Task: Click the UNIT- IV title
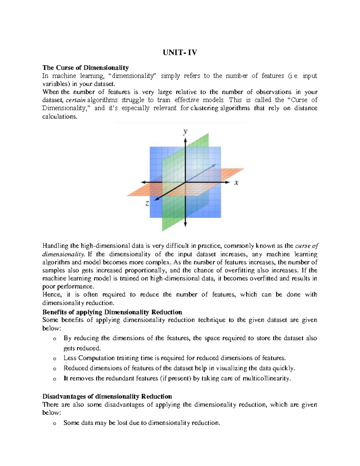click(180, 53)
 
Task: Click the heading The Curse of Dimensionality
click(85, 68)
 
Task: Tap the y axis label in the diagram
click(186, 131)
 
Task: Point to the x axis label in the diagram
click(236, 182)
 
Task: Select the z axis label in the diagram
click(147, 203)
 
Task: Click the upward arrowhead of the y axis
click(186, 140)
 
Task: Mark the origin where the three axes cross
click(186, 182)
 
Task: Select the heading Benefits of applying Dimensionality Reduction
click(112, 312)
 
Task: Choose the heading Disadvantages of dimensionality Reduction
click(107, 396)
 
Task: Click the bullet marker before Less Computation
click(54, 359)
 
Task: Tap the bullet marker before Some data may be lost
click(54, 423)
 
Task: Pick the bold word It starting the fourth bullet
click(66, 378)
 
